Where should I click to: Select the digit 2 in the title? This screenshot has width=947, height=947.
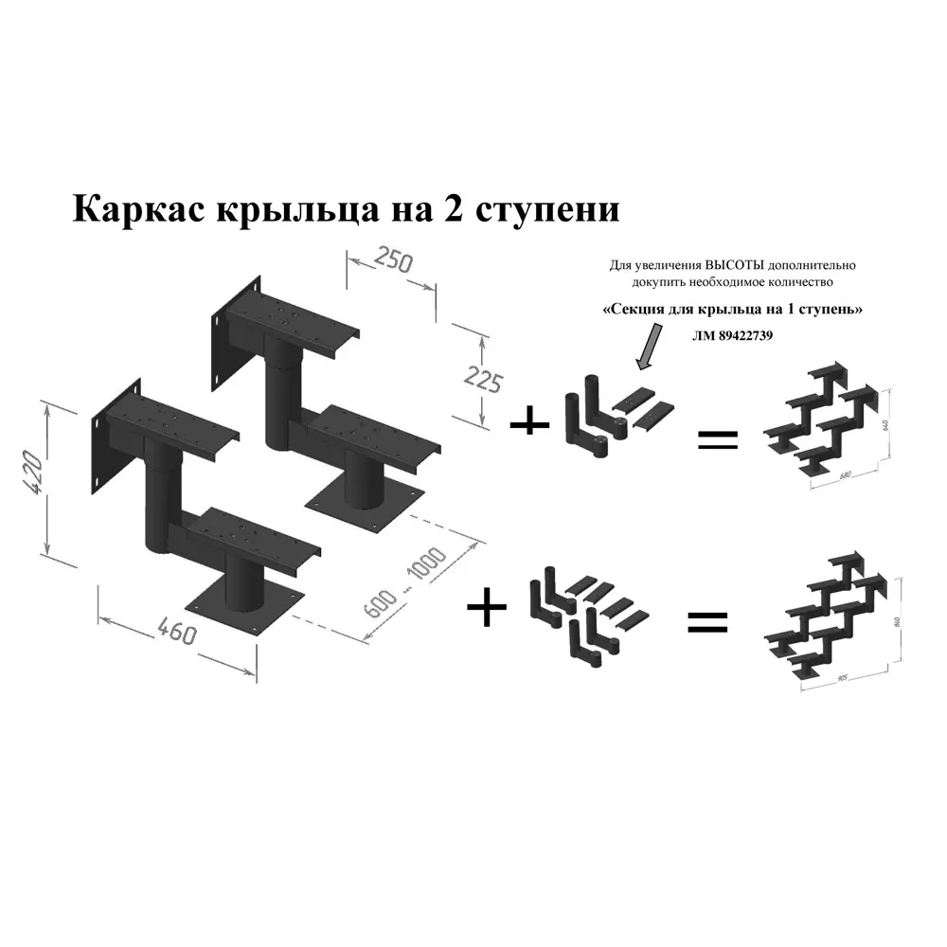453,208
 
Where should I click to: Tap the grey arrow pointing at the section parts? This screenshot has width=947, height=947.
649,344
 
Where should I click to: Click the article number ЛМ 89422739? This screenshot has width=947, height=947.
733,334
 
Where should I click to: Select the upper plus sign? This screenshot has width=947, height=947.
529,421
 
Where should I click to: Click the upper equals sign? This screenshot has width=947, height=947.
717,438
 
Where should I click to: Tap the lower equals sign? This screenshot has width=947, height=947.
706,621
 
